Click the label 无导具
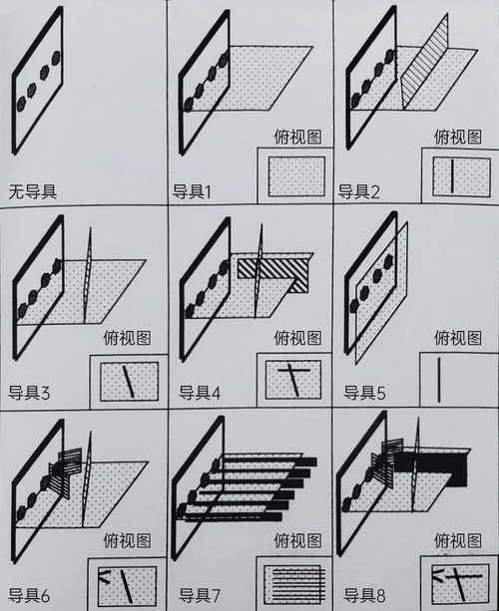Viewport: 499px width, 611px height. (33, 191)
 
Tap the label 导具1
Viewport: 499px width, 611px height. (192, 191)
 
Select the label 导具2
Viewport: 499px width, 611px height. (358, 191)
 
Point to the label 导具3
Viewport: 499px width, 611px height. (29, 393)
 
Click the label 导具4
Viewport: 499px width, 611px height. (200, 393)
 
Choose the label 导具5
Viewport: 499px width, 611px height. (364, 393)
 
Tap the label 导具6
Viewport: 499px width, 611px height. (29, 595)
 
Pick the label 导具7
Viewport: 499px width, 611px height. (200, 595)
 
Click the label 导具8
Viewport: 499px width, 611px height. (364, 595)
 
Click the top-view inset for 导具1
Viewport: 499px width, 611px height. (296, 176)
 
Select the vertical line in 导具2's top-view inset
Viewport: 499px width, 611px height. (452, 175)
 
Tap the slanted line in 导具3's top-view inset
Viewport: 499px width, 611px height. (129, 381)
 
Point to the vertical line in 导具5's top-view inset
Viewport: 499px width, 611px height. (439, 380)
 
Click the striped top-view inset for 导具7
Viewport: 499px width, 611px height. (294, 584)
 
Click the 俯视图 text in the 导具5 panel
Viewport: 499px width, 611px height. (458, 338)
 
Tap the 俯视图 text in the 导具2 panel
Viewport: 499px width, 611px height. (458, 137)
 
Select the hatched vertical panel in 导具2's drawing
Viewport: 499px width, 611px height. (424, 61)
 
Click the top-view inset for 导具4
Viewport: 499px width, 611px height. (293, 380)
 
